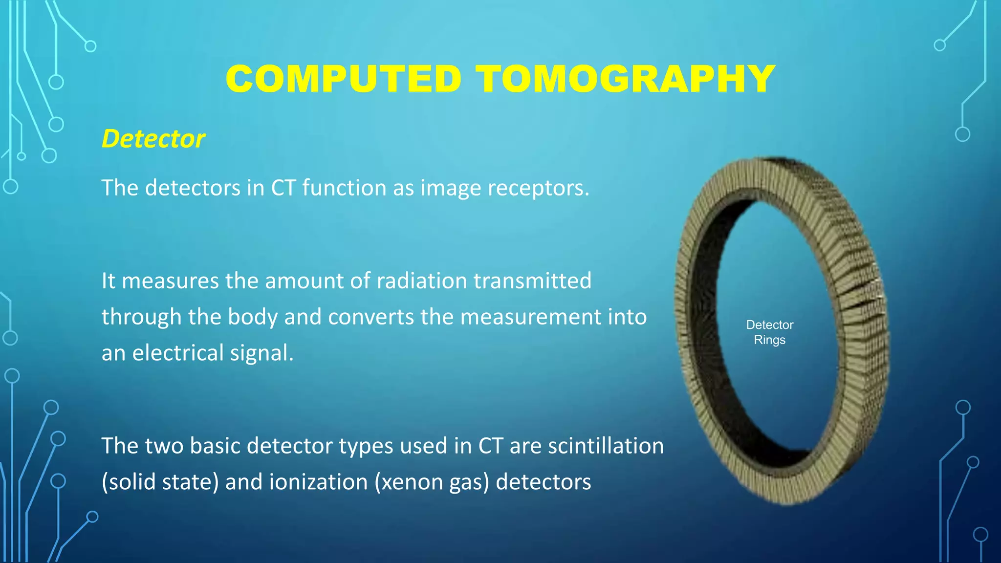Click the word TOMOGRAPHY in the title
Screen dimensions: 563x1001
(626, 79)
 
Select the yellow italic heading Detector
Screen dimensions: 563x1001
(153, 139)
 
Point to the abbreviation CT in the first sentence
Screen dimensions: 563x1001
(283, 188)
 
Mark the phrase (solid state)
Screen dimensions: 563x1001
(160, 482)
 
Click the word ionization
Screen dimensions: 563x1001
(318, 482)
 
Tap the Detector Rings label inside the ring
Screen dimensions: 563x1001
(769, 332)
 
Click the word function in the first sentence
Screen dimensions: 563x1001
(344, 188)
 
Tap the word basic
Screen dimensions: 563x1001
(217, 446)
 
